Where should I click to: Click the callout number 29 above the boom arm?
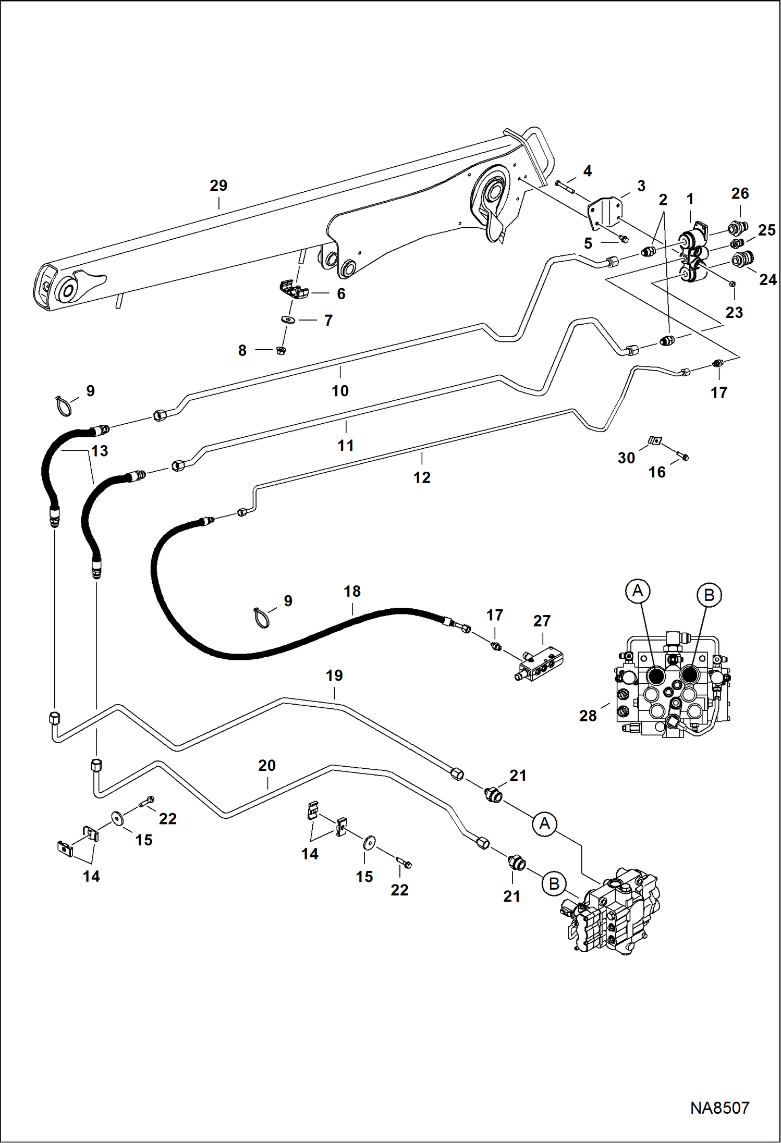218,186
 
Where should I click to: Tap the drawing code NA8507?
719,1108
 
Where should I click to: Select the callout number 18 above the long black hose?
352,592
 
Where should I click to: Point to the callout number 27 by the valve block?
542,621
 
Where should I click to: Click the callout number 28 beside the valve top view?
588,716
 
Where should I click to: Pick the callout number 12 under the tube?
422,477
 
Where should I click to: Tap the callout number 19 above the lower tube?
334,675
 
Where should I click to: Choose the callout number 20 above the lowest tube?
267,766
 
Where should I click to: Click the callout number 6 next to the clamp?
341,294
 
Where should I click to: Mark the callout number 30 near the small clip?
626,458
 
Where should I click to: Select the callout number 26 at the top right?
740,193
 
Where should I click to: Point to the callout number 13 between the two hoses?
100,450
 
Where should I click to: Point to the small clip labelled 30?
654,441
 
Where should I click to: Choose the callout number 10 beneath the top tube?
340,391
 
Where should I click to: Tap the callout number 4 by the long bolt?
588,171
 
